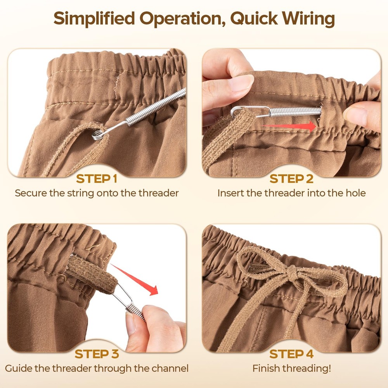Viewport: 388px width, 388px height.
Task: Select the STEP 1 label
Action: coord(96,179)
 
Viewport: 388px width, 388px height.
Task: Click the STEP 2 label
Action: coord(291,179)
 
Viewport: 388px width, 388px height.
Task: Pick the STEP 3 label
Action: coord(96,354)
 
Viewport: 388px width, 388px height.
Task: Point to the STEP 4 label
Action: coord(291,354)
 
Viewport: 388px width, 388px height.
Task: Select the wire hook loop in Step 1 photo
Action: coord(97,135)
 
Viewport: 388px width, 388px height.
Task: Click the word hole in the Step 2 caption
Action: coord(355,193)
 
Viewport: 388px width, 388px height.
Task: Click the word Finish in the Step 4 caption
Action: coord(265,368)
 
